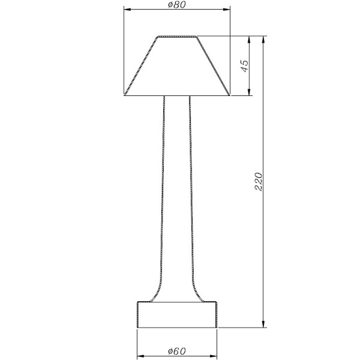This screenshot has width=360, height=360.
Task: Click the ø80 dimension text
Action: (x=177, y=5)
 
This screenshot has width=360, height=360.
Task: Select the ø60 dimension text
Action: (x=177, y=350)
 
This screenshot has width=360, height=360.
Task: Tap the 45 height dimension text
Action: (x=244, y=66)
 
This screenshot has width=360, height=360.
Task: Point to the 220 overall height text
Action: (x=259, y=181)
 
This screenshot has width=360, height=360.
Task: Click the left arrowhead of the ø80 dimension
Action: (x=127, y=10)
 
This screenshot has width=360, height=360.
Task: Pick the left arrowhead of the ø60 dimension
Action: (x=140, y=355)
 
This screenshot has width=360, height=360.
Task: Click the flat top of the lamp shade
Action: (x=177, y=37)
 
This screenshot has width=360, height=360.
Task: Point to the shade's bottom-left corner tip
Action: (x=125, y=95)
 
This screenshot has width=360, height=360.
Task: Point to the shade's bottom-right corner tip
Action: (x=229, y=95)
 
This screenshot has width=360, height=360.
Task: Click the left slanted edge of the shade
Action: (x=141, y=66)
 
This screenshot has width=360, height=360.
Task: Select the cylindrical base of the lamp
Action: (x=176, y=314)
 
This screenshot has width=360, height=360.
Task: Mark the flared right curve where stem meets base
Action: (x=198, y=294)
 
